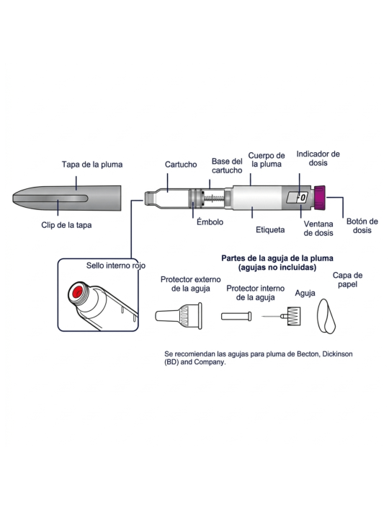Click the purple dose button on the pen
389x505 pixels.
(320, 198)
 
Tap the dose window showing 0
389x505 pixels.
(298, 198)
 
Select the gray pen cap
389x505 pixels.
(66, 198)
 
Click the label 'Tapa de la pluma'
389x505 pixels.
(92, 164)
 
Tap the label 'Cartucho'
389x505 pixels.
(181, 164)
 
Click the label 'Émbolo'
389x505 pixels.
(210, 221)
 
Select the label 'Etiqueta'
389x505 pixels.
(270, 230)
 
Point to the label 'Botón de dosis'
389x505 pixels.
(362, 226)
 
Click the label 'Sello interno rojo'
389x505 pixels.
(116, 265)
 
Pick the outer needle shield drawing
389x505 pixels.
(179, 316)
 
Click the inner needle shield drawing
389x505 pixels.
(236, 316)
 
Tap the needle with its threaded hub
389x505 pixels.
(281, 316)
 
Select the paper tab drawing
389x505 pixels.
(326, 316)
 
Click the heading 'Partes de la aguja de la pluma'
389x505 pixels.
(277, 258)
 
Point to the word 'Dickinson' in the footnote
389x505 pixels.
(337, 354)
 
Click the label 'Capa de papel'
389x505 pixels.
(347, 280)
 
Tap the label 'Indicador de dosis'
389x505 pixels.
(318, 159)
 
